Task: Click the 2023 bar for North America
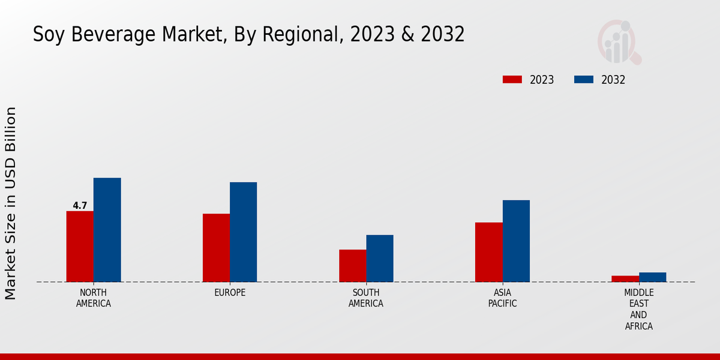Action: pyautogui.click(x=80, y=247)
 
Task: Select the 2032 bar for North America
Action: pyautogui.click(x=107, y=230)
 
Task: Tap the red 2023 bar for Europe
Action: pyautogui.click(x=216, y=248)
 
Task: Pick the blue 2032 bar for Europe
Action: pyautogui.click(x=243, y=232)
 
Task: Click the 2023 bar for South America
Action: pyautogui.click(x=352, y=266)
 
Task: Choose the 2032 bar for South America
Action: pyautogui.click(x=380, y=259)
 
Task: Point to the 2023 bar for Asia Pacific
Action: pyautogui.click(x=488, y=252)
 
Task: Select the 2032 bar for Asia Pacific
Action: pyautogui.click(x=516, y=241)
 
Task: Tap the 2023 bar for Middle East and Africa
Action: pyautogui.click(x=625, y=279)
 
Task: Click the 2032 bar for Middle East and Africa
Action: pyautogui.click(x=652, y=277)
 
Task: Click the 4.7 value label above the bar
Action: pyautogui.click(x=80, y=206)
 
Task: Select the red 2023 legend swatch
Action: pyautogui.click(x=512, y=80)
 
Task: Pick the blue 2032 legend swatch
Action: pyautogui.click(x=583, y=80)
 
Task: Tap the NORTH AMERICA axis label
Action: pyautogui.click(x=94, y=298)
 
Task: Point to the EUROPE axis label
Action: pyautogui.click(x=230, y=292)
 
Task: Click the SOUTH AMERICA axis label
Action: pyautogui.click(x=366, y=298)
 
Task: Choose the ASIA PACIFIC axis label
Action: pyautogui.click(x=502, y=298)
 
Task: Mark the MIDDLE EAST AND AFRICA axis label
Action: pyautogui.click(x=638, y=309)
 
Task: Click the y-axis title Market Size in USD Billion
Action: pyautogui.click(x=11, y=203)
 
